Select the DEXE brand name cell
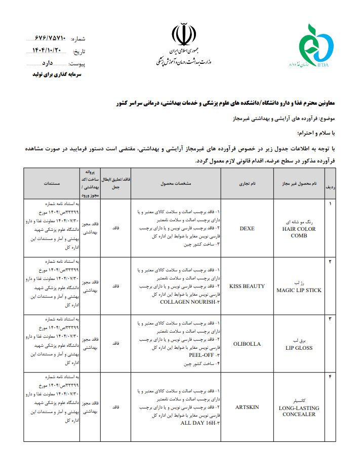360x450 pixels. [247, 228]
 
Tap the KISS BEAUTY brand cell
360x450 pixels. [247, 286]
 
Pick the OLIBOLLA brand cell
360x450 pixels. [247, 344]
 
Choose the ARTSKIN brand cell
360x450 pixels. [247, 406]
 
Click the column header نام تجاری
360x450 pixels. [247, 183]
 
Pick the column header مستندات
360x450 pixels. [52, 183]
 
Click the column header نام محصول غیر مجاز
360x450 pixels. [299, 183]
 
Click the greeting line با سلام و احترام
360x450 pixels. [318, 134]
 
